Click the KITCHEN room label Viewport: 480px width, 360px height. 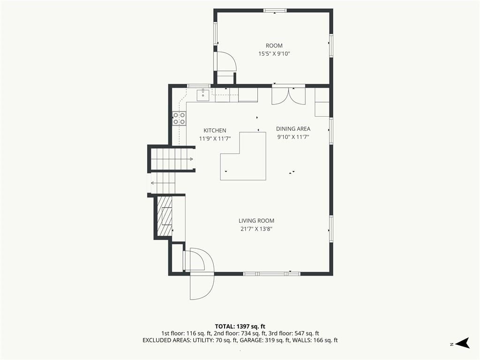tap(215, 130)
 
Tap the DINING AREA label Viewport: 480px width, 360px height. tap(293, 129)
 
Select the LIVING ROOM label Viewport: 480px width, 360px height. tap(256, 221)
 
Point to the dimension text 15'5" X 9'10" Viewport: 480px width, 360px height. tap(274, 54)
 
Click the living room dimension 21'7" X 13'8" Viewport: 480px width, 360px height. tap(256, 229)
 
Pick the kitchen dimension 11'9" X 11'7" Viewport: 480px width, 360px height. tap(215, 139)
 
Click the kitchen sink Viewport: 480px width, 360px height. tap(203, 95)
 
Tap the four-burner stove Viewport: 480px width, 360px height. tap(179, 119)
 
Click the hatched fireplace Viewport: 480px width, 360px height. tap(164, 216)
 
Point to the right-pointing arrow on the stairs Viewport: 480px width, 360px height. tap(190, 159)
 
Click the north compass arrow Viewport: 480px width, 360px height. tap(463, 343)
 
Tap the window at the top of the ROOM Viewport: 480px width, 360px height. tap(275, 11)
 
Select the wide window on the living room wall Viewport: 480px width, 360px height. tap(272, 274)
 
